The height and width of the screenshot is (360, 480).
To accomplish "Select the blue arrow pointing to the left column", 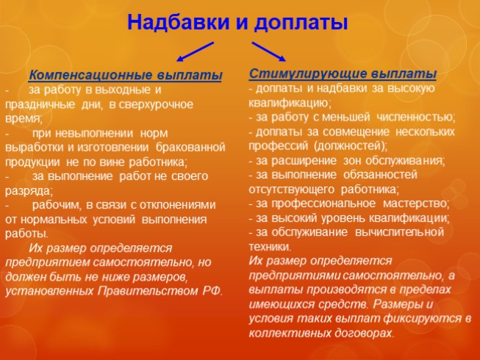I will pyautogui.click(x=194, y=52).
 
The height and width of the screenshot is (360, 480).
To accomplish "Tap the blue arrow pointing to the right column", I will pyautogui.click(x=268, y=52).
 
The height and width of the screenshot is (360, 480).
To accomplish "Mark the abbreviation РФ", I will pyautogui.click(x=212, y=290).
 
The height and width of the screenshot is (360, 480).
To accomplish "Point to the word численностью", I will pyautogui.click(x=415, y=117).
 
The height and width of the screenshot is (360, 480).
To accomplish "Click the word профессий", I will pyautogui.click(x=276, y=145).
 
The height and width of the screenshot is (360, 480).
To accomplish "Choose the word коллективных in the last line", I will pyautogui.click(x=286, y=332).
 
